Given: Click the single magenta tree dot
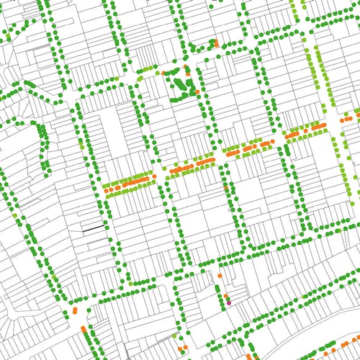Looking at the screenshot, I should (x=229, y=303).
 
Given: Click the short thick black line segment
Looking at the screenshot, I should (x=94, y=228).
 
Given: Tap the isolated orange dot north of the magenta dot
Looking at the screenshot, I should (x=220, y=275).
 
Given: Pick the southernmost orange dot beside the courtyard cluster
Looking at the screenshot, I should (x=197, y=91).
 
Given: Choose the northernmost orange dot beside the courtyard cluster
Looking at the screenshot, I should (x=185, y=66).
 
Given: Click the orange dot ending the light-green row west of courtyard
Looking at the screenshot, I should (x=163, y=73).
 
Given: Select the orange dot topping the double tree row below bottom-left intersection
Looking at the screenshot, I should (x=84, y=328).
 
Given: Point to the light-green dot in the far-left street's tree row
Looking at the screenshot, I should (x=14, y=215).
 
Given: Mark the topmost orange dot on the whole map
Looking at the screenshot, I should (x=216, y=42).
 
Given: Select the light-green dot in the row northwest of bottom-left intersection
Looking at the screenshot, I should (x=53, y=277).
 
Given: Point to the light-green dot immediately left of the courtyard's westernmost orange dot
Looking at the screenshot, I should (x=158, y=73).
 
